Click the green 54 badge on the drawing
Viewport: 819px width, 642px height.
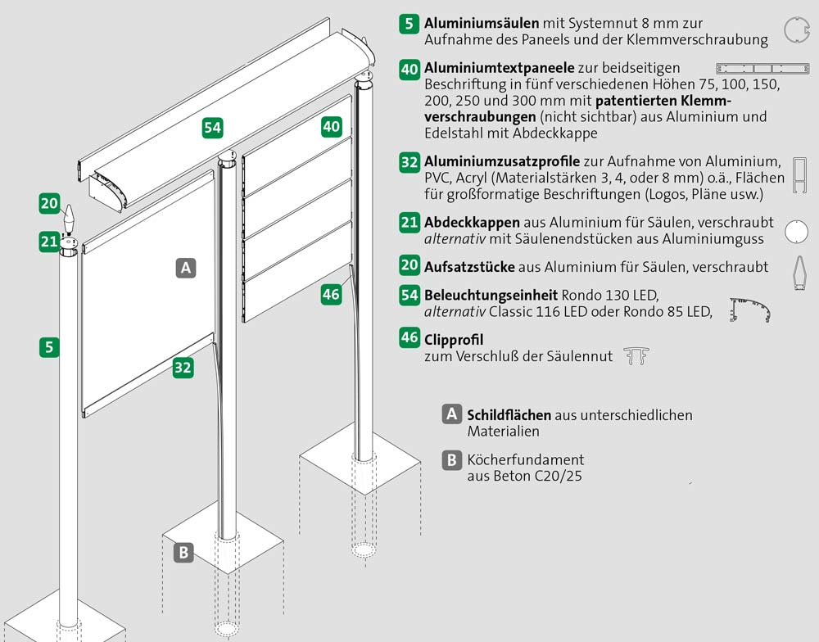click(x=213, y=128)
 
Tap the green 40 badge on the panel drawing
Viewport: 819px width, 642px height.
click(x=332, y=126)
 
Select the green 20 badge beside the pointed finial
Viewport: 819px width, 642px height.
click(x=50, y=203)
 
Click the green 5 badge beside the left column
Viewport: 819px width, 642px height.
click(x=49, y=347)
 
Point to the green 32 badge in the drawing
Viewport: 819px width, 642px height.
click(x=183, y=367)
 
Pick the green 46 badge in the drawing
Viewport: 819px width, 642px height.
click(x=331, y=294)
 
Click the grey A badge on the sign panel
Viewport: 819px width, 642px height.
click(x=185, y=268)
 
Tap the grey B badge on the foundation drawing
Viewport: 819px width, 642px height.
click(x=183, y=552)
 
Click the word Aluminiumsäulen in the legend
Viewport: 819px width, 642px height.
click(x=482, y=23)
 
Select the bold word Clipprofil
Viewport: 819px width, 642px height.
click(x=454, y=340)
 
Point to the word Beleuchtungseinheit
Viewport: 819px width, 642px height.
click(x=491, y=295)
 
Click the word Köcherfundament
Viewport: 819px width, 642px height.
click(x=526, y=459)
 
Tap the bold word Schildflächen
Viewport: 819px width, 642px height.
click(x=509, y=415)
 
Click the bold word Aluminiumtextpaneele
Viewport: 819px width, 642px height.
click(x=500, y=68)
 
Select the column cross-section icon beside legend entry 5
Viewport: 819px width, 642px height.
click(x=796, y=29)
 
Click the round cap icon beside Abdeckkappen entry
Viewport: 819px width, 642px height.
click(x=796, y=232)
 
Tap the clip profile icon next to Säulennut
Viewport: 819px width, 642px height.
click(x=636, y=355)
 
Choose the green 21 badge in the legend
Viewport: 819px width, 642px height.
click(x=409, y=223)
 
